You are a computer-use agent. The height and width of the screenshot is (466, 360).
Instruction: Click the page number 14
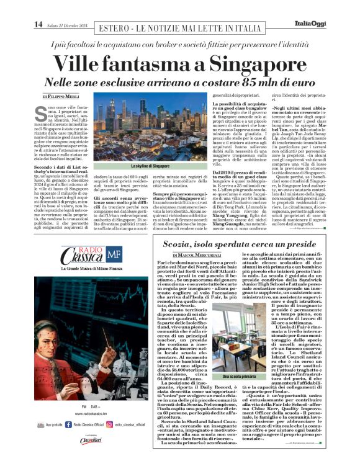pos(38,24)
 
